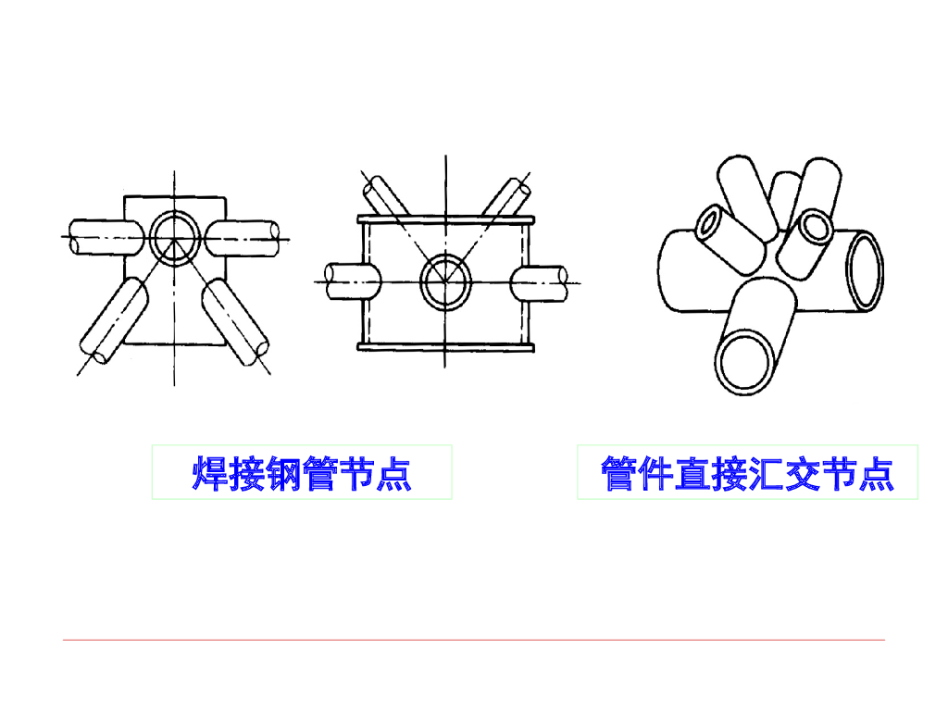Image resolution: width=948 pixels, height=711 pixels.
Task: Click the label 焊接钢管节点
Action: tap(302, 473)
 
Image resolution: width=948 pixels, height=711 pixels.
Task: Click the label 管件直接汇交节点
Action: tap(747, 473)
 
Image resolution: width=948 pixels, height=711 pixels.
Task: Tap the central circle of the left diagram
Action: tap(173, 237)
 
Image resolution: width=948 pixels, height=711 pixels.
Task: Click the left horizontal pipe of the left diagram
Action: tap(102, 237)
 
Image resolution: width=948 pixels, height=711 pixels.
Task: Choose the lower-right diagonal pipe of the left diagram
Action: tap(235, 319)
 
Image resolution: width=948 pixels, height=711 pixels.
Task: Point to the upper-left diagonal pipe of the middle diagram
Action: tap(383, 196)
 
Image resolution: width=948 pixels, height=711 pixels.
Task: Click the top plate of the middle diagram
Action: tap(446, 219)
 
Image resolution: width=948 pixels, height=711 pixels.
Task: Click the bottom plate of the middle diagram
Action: tap(446, 347)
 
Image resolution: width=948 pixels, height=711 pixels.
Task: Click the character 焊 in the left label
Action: tap(209, 473)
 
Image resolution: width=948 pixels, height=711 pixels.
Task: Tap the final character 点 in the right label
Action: tap(876, 473)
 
